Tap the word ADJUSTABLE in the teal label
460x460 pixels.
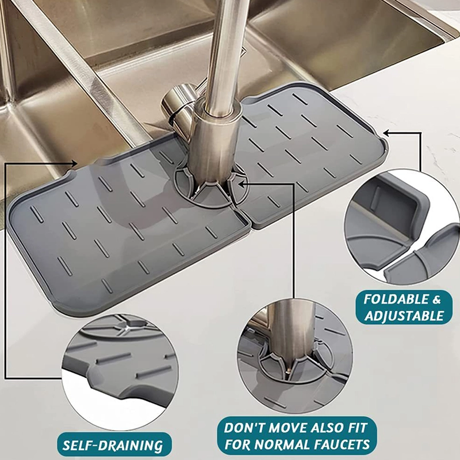pos(404,316)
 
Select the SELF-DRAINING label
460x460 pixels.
pos(113,445)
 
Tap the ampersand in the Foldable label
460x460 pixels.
pos(436,300)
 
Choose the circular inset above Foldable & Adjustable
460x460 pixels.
pos(402,227)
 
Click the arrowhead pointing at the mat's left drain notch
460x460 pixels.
pos(75,163)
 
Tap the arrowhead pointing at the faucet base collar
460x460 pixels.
pos(243,183)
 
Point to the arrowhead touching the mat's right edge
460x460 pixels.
pos(387,133)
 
